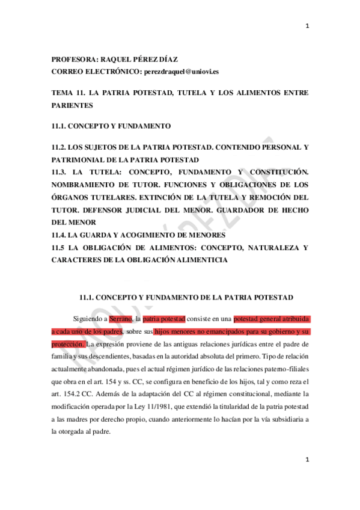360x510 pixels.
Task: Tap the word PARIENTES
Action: click(72, 105)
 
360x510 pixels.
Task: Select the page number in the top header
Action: click(307, 26)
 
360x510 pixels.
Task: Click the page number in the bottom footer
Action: click(307, 476)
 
